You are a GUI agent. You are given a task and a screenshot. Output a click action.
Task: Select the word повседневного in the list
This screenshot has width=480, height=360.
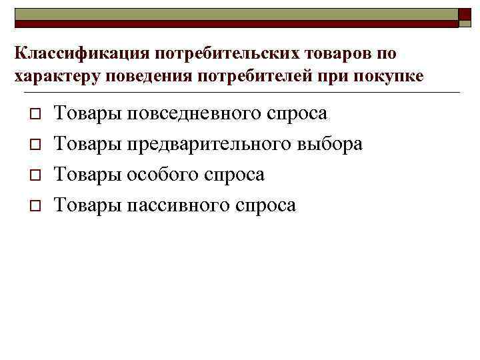coord(181,113)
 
